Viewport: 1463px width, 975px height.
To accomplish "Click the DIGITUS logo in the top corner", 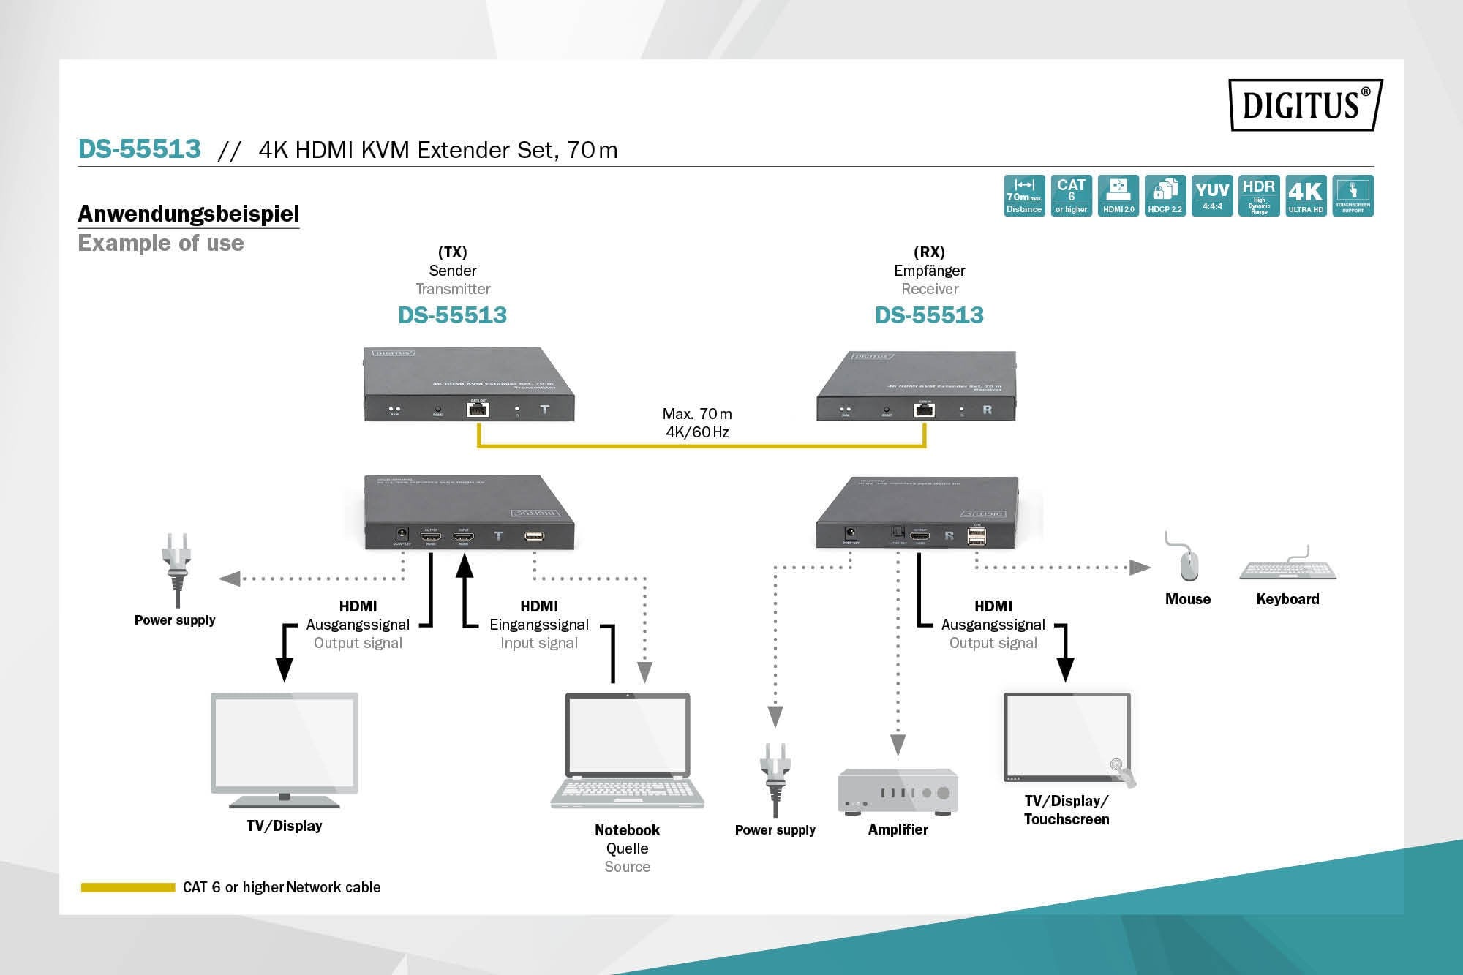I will pos(1305,105).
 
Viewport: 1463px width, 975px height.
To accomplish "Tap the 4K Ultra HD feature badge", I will pos(1306,195).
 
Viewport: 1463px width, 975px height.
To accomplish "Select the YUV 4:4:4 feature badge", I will pos(1212,195).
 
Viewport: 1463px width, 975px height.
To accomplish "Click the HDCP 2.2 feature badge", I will pos(1165,195).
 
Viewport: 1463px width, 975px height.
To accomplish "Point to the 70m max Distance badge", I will pos(1024,195).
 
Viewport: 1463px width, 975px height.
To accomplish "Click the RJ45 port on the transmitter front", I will pos(478,409).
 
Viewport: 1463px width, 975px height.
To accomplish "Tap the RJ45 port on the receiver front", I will pos(925,410).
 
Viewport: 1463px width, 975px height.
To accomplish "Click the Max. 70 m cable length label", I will pos(697,414).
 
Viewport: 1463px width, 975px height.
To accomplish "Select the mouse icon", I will pos(1188,562).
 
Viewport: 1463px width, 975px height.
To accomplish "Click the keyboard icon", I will pos(1287,568).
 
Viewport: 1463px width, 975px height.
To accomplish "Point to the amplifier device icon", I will pos(898,791).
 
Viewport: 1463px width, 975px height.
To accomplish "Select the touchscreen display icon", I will pos(1067,739).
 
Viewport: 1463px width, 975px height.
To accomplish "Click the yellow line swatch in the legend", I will pos(128,887).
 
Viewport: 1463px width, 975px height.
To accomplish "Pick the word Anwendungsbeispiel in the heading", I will pos(189,214).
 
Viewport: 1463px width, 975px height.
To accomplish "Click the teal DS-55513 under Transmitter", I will pos(452,315).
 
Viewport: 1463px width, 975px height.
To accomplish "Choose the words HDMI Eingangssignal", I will pos(539,616).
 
